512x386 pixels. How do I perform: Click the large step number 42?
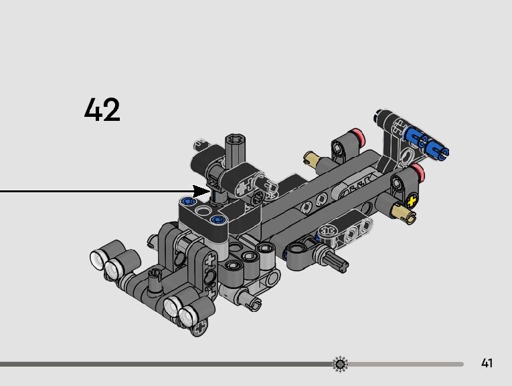click(x=102, y=110)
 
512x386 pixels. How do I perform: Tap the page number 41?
click(x=487, y=363)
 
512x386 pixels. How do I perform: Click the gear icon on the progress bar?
click(x=340, y=363)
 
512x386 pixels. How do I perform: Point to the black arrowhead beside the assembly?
click(x=201, y=191)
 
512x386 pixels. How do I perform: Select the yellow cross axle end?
click(x=412, y=201)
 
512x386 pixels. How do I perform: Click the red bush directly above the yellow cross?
click(x=418, y=172)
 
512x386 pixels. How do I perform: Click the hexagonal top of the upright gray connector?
click(x=235, y=140)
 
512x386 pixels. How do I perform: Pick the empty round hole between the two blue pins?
click(x=203, y=212)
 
